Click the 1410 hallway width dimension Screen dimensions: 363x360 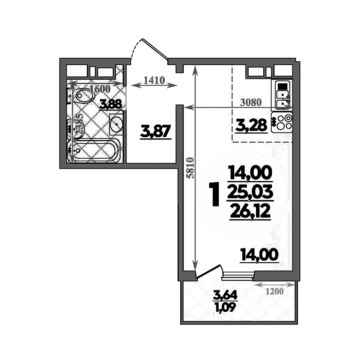click(154, 80)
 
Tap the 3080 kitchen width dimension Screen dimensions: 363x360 click(251, 102)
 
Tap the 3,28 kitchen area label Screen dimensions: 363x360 click(251, 124)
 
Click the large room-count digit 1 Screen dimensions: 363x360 click(215, 194)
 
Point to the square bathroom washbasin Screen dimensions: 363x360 click(116, 123)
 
